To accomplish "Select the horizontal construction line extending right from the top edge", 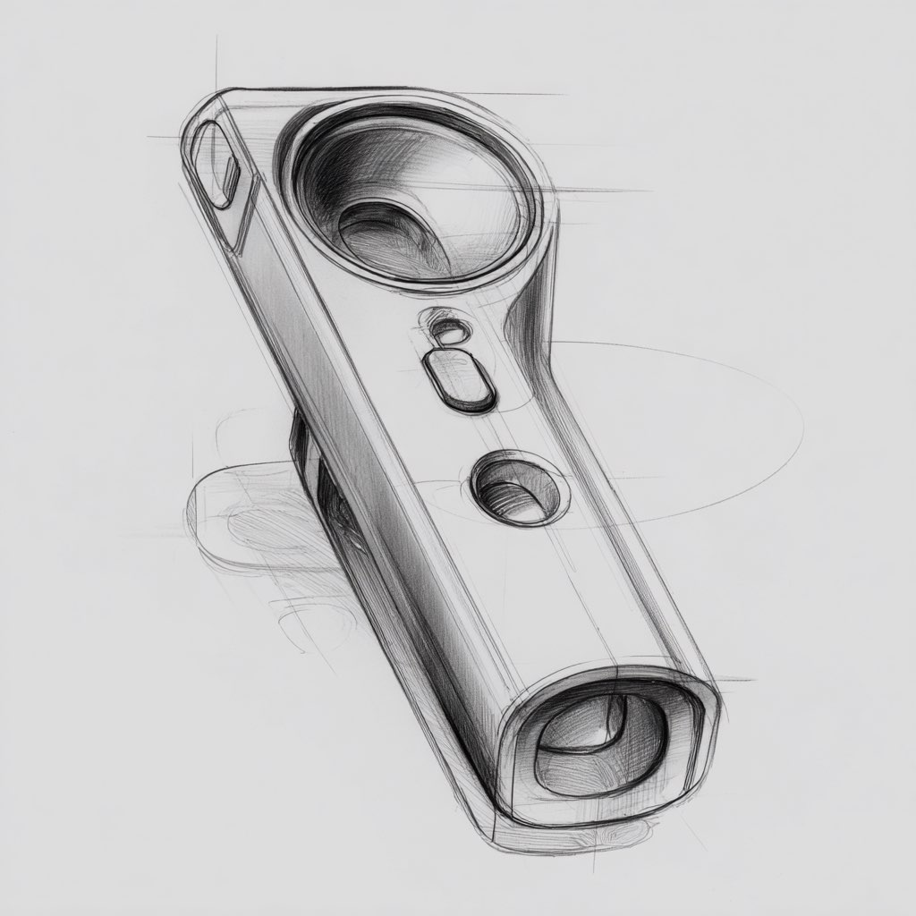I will coord(519,94).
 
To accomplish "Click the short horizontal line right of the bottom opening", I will coord(734,680).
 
